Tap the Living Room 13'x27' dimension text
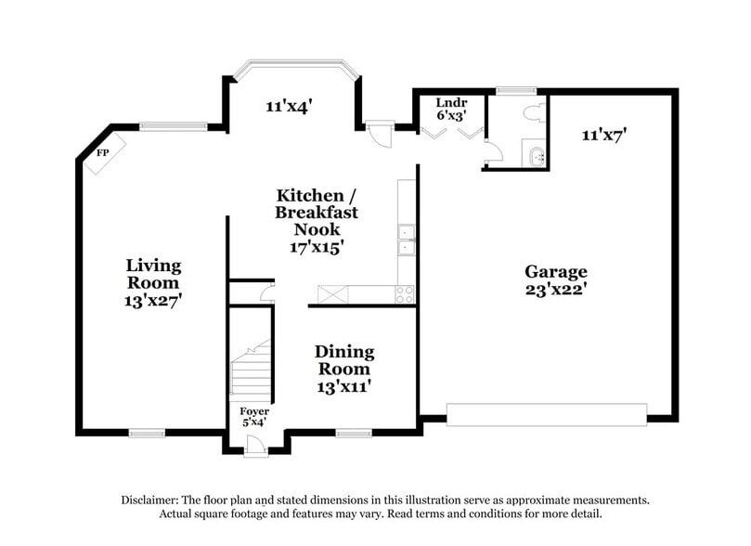coord(153,300)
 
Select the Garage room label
coord(555,271)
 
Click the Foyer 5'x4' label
coord(254,416)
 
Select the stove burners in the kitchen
coord(406,295)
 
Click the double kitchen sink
coord(406,239)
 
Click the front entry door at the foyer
coord(253,447)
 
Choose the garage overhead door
coord(546,413)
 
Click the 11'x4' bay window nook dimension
coord(287,106)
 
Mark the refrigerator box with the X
coord(333,295)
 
